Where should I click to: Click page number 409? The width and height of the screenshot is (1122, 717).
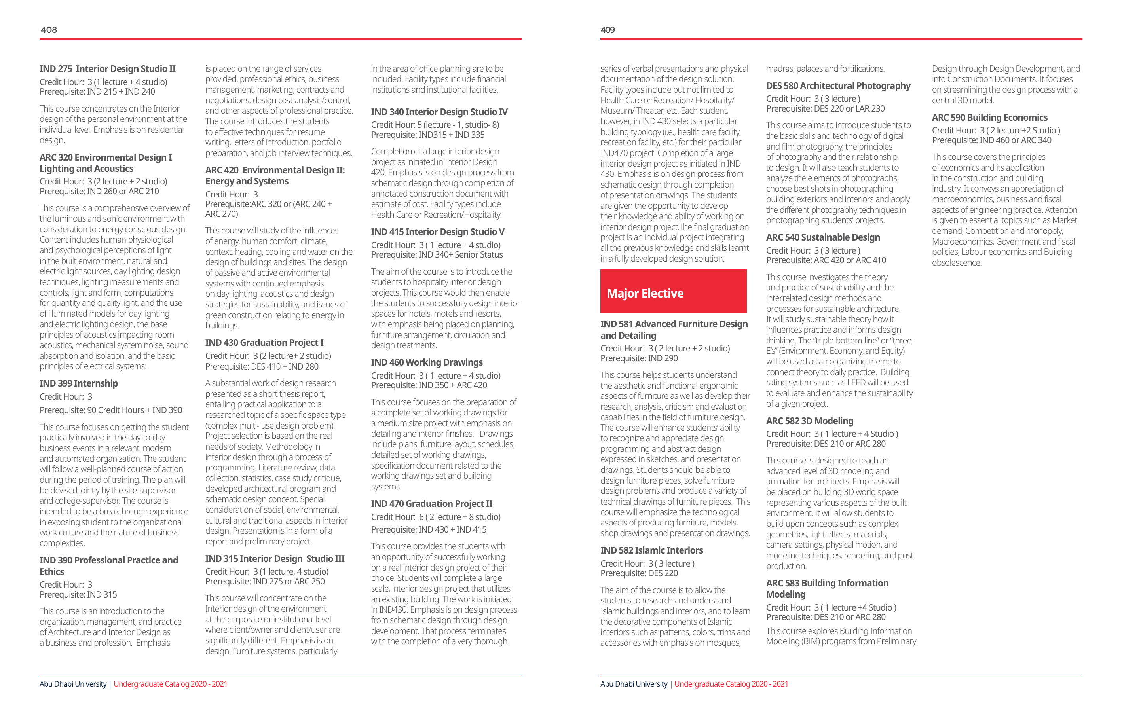[608, 30]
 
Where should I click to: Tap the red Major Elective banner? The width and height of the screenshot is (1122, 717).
[673, 292]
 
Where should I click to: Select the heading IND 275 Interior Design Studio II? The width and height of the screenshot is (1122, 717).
[108, 69]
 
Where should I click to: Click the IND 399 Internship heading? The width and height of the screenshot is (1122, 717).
[79, 383]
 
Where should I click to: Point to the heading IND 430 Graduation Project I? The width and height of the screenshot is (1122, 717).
[264, 343]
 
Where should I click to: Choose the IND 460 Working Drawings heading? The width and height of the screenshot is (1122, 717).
[426, 362]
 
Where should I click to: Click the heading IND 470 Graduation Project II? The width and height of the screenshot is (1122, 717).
[431, 504]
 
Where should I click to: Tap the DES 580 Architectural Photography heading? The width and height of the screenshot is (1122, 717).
[838, 86]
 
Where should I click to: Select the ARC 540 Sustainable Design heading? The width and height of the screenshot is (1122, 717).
[823, 237]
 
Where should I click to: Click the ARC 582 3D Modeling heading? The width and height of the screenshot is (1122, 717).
[809, 421]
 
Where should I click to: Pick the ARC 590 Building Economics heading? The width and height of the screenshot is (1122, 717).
[989, 118]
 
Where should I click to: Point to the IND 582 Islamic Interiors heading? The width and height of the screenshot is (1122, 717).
[651, 551]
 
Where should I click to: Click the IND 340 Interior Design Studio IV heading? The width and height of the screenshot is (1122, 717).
[439, 112]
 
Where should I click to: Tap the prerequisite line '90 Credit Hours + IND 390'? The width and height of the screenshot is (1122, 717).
[111, 410]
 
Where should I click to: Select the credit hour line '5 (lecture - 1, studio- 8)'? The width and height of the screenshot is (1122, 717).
[435, 125]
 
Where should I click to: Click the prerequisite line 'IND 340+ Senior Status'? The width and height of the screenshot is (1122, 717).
[437, 255]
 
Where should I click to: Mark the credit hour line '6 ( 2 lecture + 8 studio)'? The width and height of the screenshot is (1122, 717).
[436, 517]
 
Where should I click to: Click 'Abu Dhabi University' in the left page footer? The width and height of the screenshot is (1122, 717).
[73, 684]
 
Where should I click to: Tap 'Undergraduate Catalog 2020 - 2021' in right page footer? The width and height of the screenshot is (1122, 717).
[731, 684]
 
